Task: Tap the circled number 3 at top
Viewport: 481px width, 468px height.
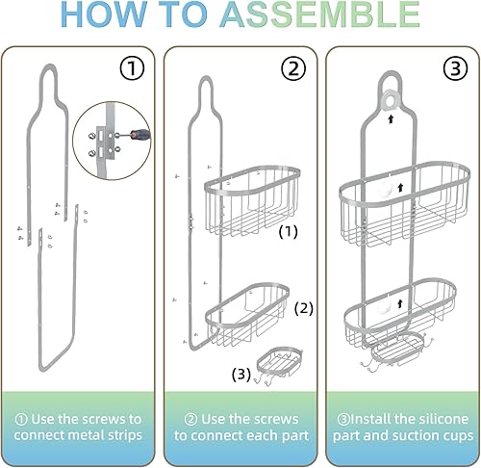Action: click(454, 68)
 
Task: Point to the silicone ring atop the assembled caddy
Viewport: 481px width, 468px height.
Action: click(392, 100)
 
